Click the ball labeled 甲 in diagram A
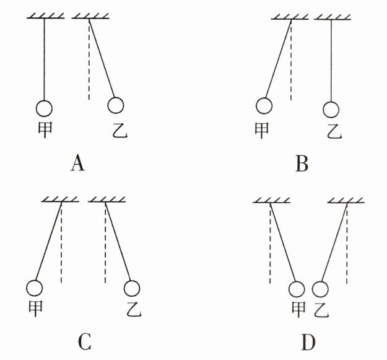[45, 108]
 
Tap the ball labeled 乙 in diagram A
[116, 106]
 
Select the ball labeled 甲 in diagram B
[265, 107]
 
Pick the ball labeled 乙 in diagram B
[332, 109]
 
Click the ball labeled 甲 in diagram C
[35, 288]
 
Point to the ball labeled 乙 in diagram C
[132, 288]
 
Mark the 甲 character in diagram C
[35, 308]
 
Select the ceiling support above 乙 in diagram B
[333, 17]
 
